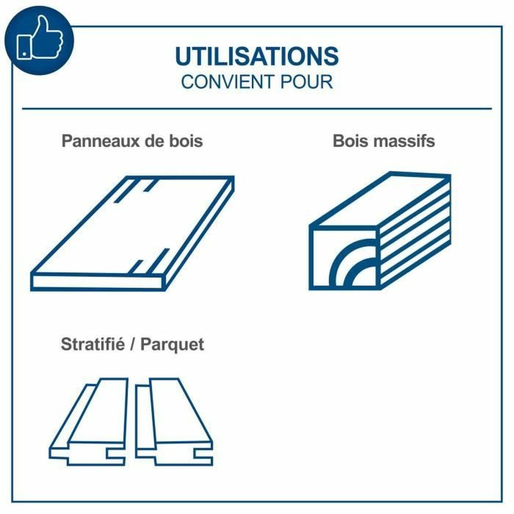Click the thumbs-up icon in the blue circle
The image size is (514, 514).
40,38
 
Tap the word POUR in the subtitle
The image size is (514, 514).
307,82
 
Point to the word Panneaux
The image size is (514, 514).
101,141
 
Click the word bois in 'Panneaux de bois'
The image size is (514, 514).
186,140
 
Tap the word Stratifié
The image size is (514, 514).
93,344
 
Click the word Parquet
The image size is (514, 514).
172,345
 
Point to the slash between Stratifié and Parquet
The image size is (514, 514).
132,344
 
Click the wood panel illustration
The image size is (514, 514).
132,233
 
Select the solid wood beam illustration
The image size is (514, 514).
380,231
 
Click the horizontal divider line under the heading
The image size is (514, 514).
257,108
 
